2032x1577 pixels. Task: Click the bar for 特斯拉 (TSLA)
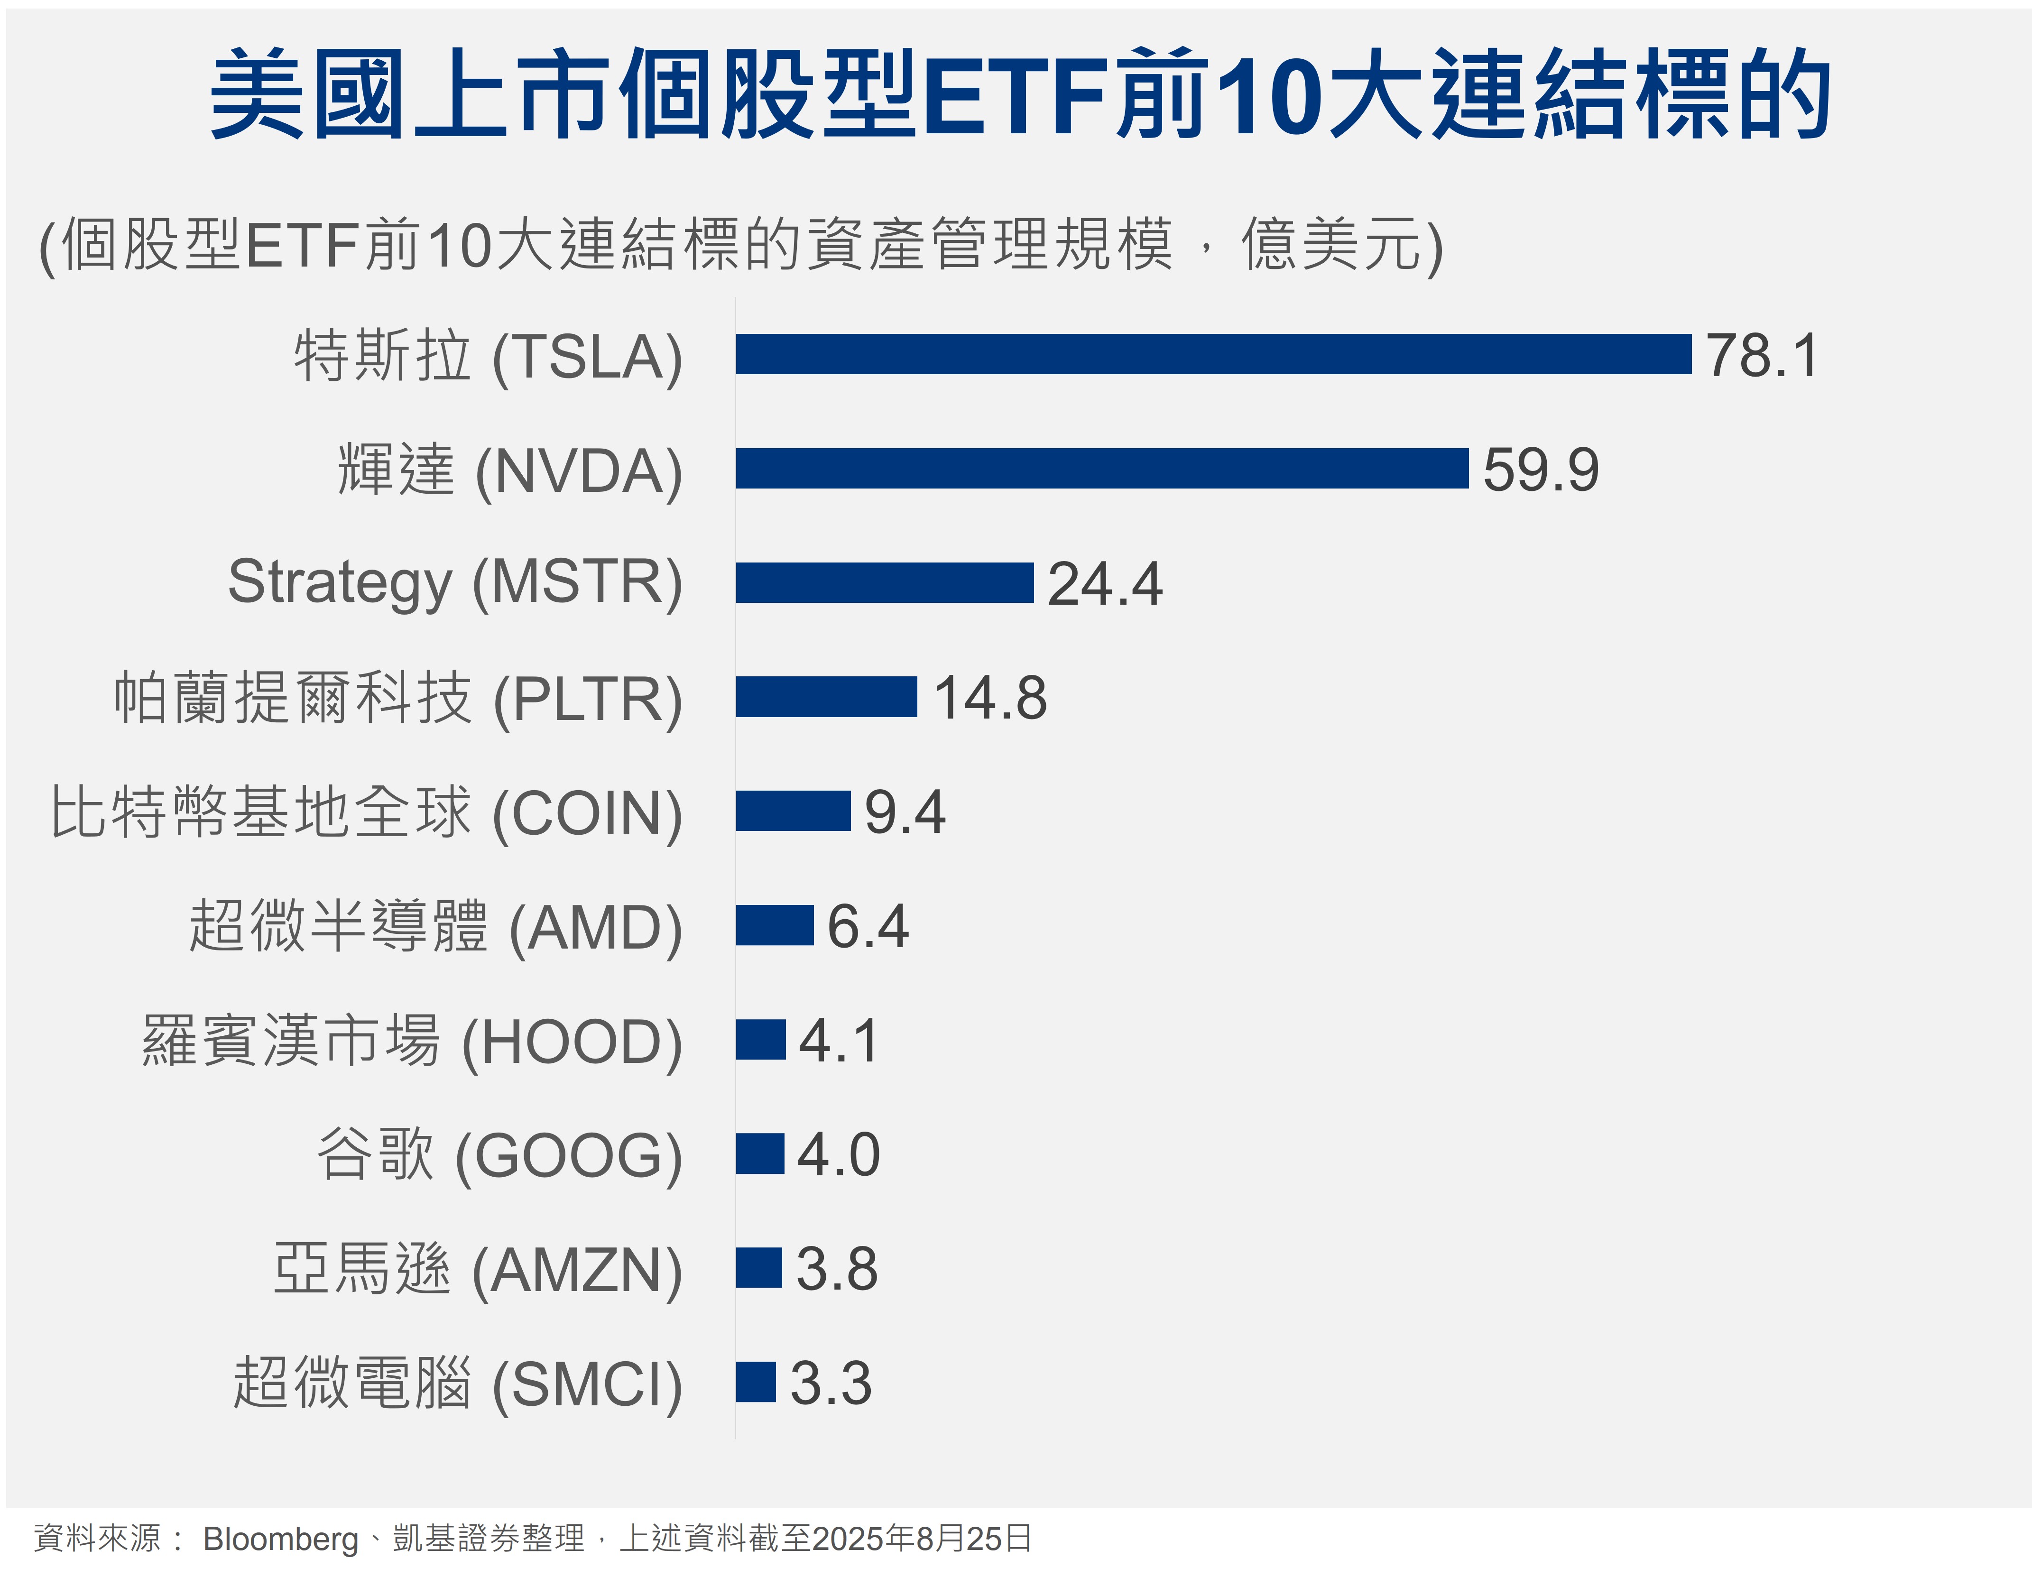(1212, 354)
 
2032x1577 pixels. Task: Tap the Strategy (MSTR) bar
(884, 582)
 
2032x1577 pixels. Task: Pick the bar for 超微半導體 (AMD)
(774, 925)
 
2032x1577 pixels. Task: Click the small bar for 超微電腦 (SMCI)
(756, 1382)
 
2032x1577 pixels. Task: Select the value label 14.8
(990, 698)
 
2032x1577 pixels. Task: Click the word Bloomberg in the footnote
(280, 1539)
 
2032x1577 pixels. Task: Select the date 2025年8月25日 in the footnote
(921, 1539)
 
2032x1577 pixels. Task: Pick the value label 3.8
(836, 1269)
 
